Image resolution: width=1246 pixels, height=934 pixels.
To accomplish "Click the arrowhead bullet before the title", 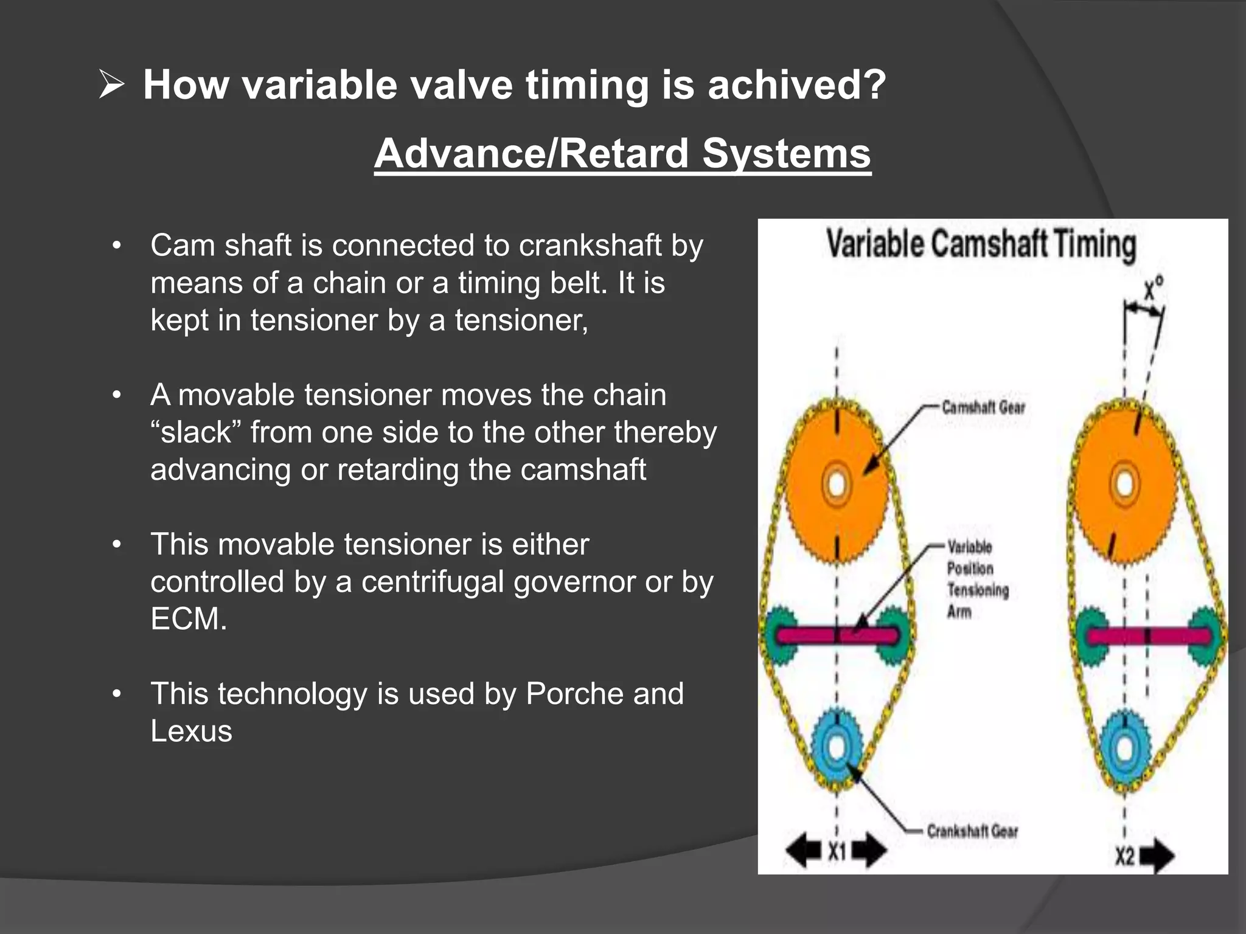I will pyautogui.click(x=111, y=85).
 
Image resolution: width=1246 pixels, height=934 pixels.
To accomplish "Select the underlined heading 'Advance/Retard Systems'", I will pyautogui.click(x=622, y=153).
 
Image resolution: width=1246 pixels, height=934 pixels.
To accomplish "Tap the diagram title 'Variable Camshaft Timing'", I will pyautogui.click(x=981, y=244).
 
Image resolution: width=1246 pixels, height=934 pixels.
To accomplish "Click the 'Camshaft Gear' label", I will pyautogui.click(x=983, y=407).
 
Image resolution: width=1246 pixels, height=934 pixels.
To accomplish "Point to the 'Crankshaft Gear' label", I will pyautogui.click(x=972, y=831).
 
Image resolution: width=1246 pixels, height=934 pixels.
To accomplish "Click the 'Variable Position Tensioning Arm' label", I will pyautogui.click(x=976, y=579).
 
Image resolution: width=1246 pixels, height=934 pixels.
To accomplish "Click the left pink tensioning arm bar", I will pyautogui.click(x=837, y=636).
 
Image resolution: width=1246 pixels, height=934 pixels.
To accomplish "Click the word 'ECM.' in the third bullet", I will pyautogui.click(x=189, y=619).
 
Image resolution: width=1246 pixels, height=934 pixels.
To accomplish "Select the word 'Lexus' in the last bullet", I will pyautogui.click(x=191, y=731).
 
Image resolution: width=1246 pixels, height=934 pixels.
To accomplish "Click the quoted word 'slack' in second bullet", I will pyautogui.click(x=196, y=432).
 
